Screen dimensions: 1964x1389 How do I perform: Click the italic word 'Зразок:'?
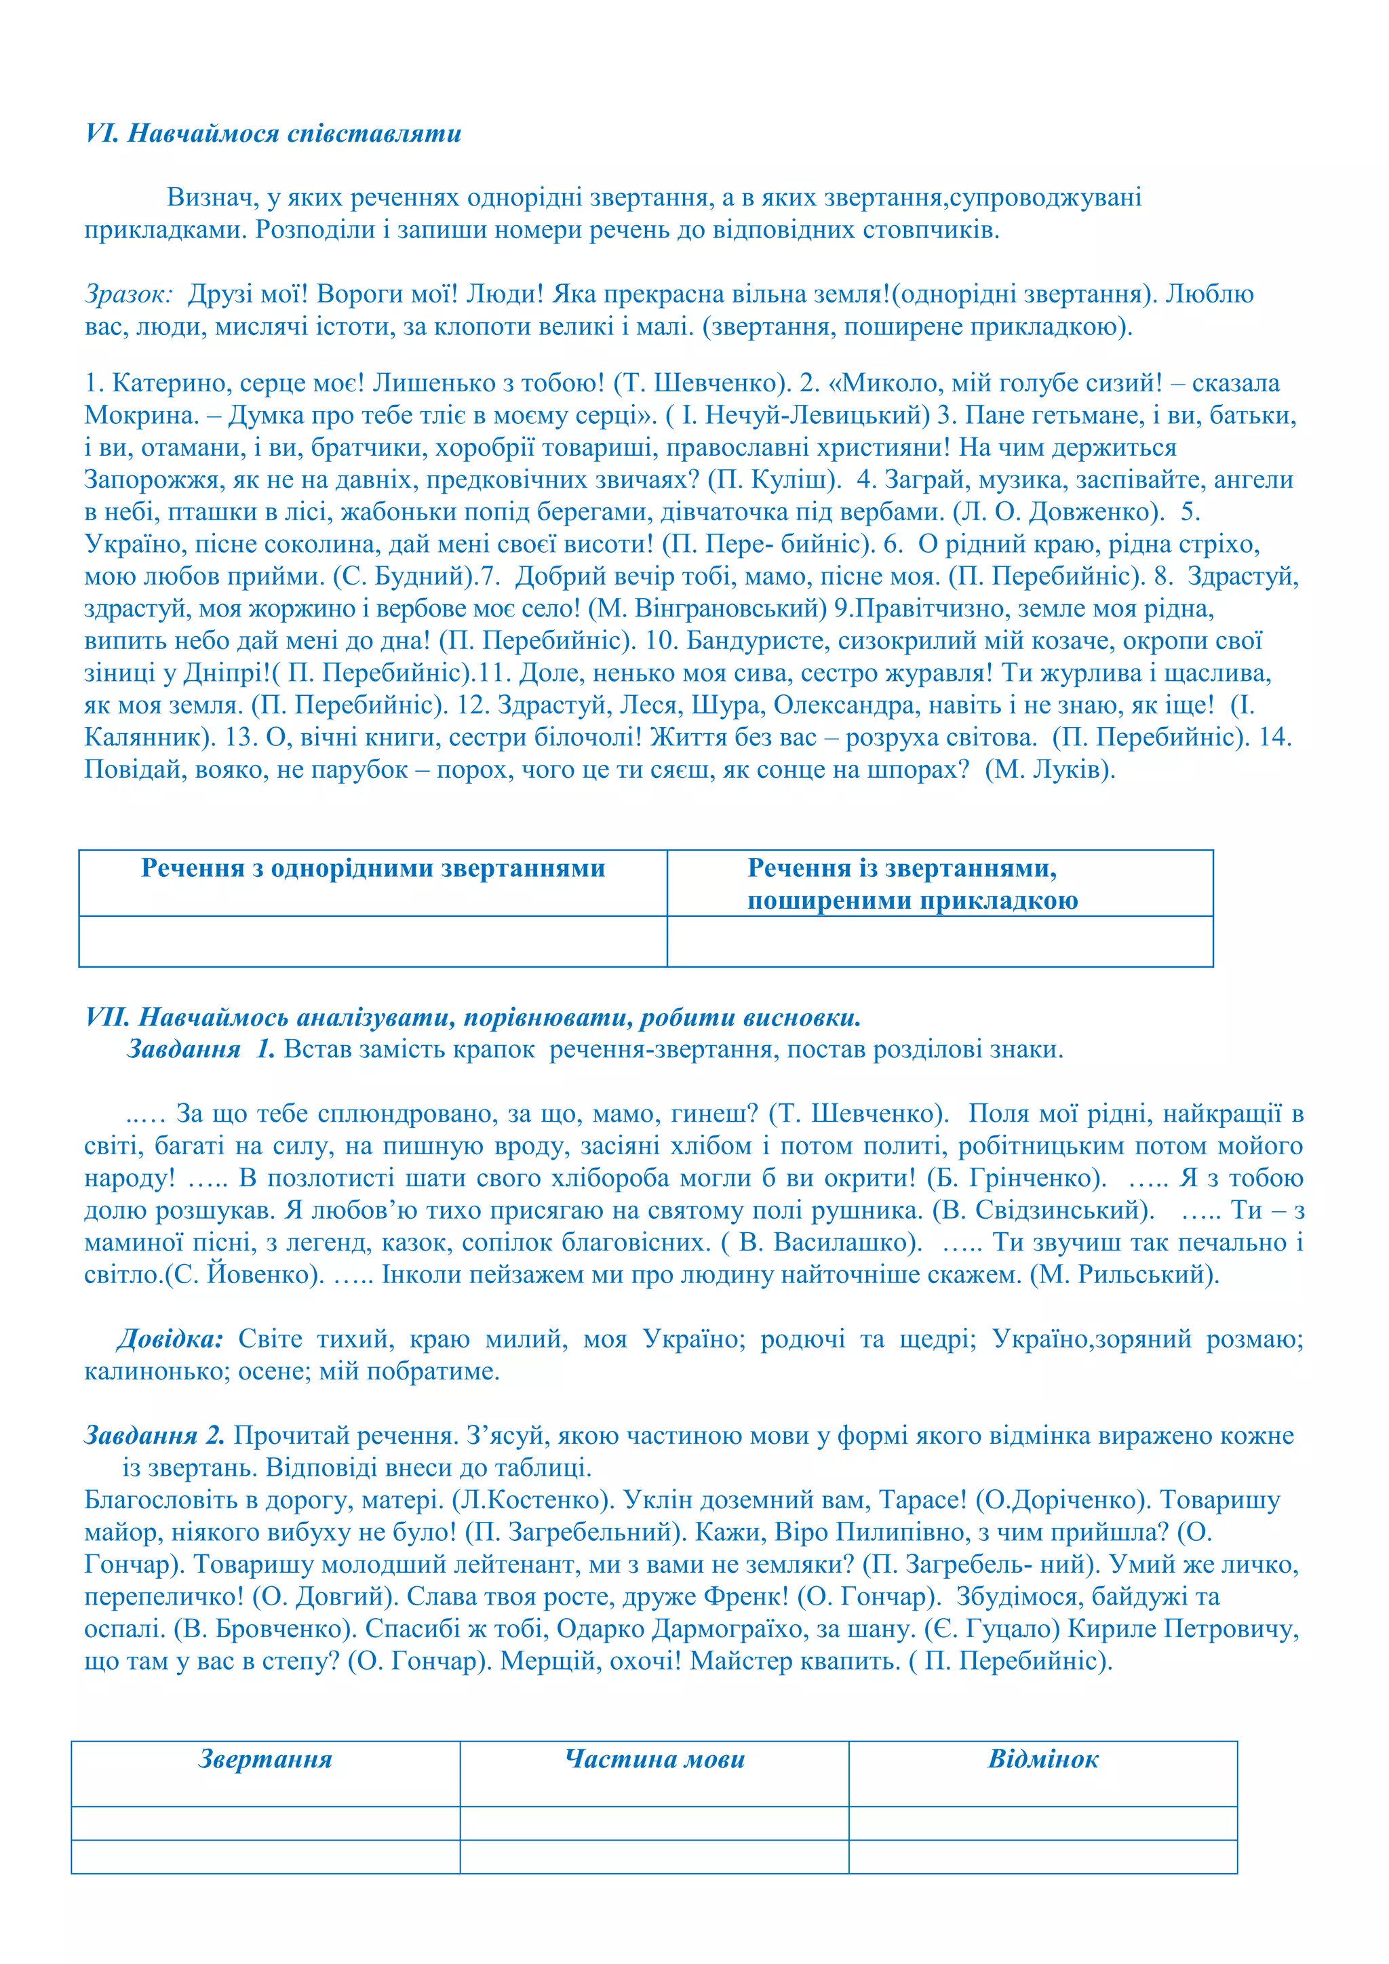coord(128,294)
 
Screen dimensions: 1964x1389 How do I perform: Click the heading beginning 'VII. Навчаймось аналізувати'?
coord(472,1017)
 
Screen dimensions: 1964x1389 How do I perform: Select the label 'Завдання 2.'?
coord(154,1436)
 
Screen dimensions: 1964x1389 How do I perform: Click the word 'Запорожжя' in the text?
coord(154,480)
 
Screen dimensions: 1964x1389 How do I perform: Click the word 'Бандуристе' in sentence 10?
coord(757,641)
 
